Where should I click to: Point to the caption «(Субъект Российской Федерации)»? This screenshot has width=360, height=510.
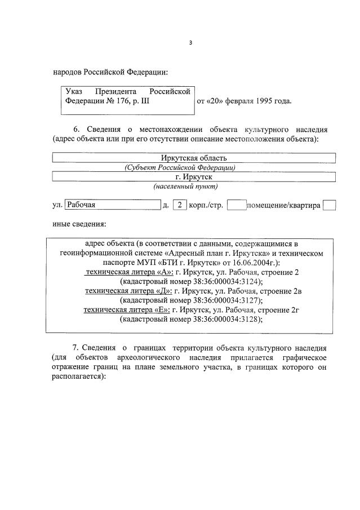coord(180,167)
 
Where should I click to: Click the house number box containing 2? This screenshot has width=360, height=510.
coord(179,205)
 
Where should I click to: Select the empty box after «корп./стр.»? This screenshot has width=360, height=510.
coord(236,205)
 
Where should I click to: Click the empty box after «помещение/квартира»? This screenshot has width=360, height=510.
coord(329,205)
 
